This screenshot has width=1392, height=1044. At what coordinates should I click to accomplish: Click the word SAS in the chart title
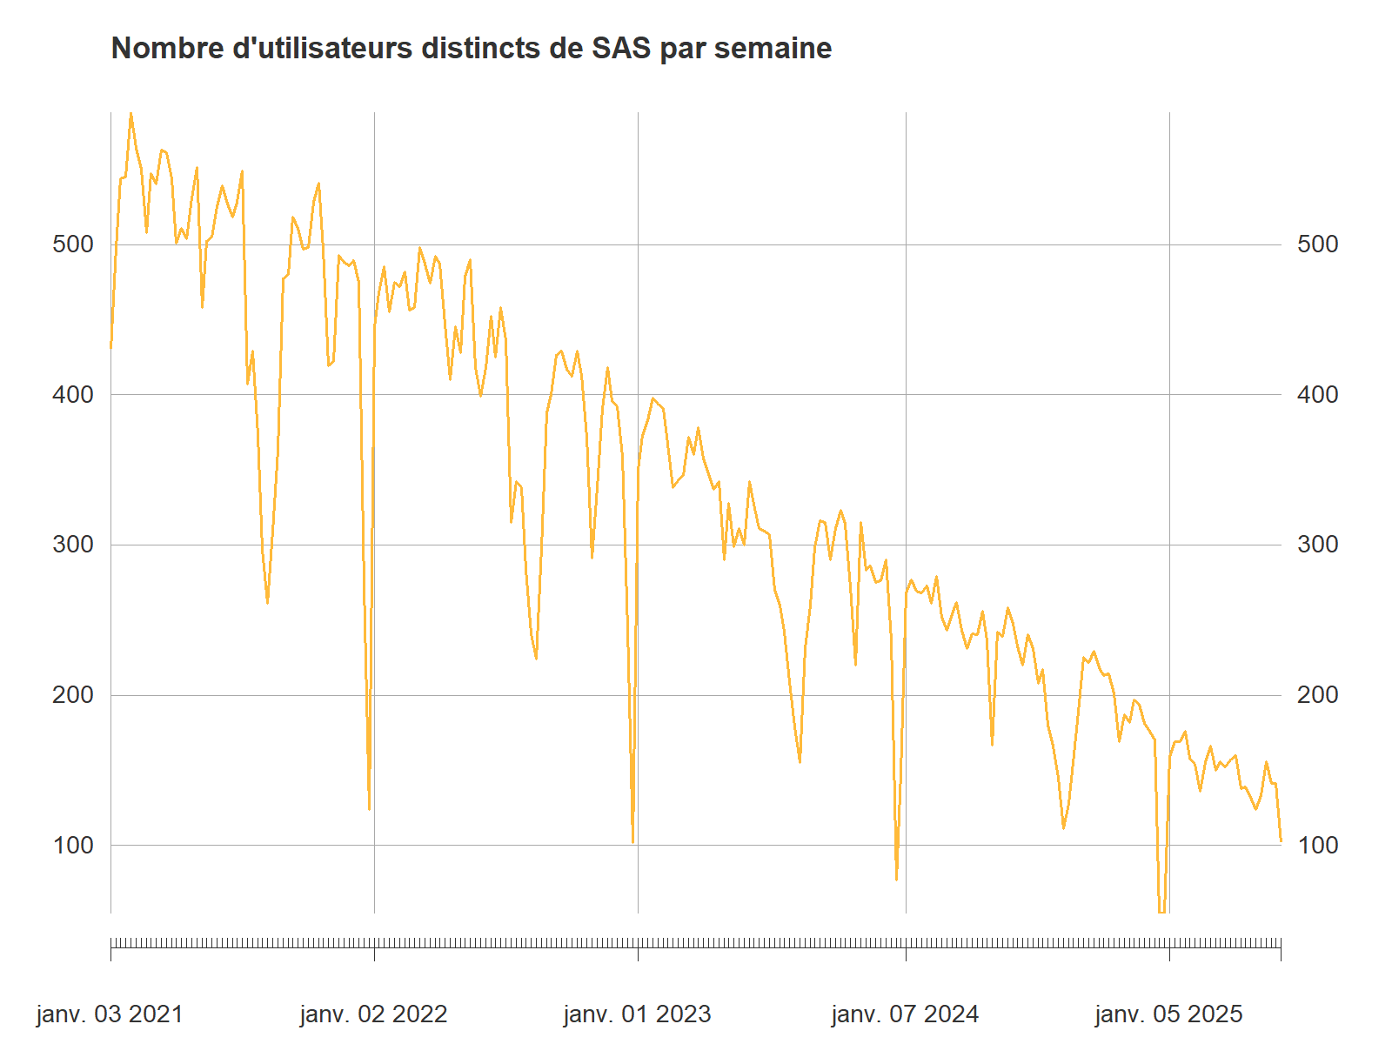[x=621, y=49]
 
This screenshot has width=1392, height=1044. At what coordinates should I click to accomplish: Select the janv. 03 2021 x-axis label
[x=110, y=1014]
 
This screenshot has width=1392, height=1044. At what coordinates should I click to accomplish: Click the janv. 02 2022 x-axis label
[x=373, y=1014]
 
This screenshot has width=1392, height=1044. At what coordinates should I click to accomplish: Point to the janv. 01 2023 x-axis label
[x=637, y=1014]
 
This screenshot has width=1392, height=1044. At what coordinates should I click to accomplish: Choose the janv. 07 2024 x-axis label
[x=905, y=1014]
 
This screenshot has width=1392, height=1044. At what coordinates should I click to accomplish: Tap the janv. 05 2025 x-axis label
[x=1168, y=1014]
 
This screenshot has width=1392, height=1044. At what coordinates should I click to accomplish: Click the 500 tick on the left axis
[x=73, y=244]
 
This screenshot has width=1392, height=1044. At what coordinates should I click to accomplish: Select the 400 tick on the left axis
[x=73, y=395]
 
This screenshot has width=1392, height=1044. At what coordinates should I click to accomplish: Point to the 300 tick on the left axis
[x=73, y=545]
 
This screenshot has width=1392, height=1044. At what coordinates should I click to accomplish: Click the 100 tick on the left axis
[x=73, y=846]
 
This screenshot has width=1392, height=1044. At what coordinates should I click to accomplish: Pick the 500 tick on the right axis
[x=1317, y=244]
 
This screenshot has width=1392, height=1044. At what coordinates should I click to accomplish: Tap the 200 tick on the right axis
[x=1317, y=695]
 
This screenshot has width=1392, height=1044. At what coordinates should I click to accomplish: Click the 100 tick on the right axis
[x=1317, y=846]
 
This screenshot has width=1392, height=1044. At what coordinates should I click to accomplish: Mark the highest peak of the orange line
[x=131, y=114]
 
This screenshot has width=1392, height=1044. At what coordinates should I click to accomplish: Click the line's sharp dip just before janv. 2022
[x=369, y=809]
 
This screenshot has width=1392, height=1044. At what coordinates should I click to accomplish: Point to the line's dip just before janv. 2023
[x=632, y=842]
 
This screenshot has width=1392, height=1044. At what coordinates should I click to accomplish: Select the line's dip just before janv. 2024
[x=896, y=879]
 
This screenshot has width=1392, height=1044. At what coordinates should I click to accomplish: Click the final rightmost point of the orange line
[x=1281, y=840]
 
